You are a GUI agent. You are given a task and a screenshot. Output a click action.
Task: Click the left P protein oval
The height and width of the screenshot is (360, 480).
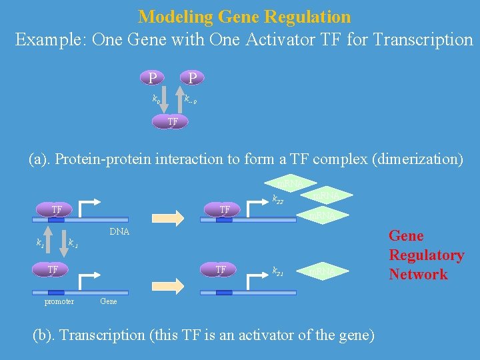[x=153, y=79]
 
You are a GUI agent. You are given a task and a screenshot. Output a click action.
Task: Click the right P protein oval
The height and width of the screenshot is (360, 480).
[x=192, y=79]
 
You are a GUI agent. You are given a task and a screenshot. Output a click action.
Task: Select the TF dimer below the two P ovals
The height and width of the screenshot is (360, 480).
[x=172, y=122]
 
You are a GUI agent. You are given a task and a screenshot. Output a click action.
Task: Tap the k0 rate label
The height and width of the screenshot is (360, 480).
[x=156, y=99]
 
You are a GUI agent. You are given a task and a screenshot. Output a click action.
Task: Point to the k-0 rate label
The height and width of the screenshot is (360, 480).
[x=191, y=100]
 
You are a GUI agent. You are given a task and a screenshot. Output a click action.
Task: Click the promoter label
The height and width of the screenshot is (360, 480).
[x=59, y=301]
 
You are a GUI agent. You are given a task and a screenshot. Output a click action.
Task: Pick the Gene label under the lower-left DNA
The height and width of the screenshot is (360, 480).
[x=109, y=301]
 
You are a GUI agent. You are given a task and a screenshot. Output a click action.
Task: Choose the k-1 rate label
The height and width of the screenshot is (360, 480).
[x=73, y=243]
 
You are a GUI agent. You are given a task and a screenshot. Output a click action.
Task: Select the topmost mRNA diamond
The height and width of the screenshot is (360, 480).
[x=290, y=183]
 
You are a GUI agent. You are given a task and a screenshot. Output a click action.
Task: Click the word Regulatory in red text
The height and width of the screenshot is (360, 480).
[x=426, y=255]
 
